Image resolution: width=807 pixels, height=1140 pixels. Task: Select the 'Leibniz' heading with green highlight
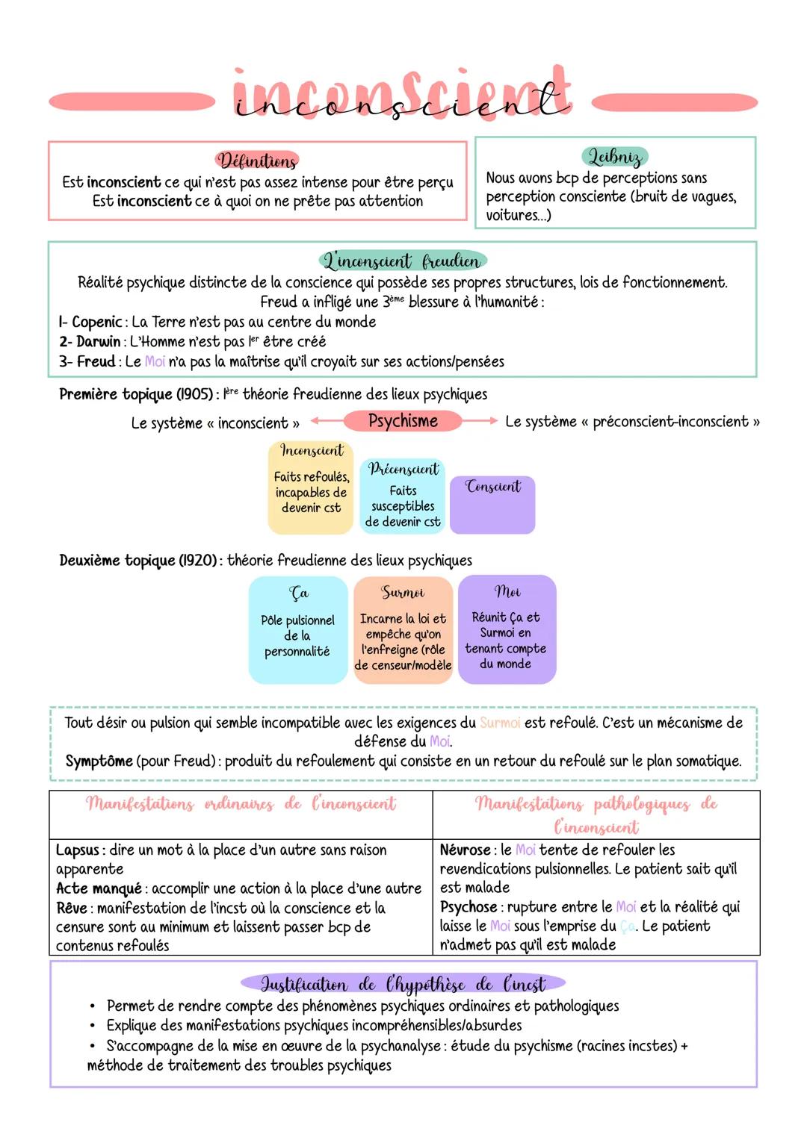[614, 157]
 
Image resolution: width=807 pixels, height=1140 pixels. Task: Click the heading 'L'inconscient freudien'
[402, 261]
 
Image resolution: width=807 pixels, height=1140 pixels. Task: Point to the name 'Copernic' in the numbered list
[96, 323]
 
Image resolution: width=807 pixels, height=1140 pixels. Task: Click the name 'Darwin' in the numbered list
[98, 342]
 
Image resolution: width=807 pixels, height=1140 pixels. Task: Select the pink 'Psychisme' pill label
[403, 421]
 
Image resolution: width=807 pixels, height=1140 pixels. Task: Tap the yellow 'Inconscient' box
[311, 488]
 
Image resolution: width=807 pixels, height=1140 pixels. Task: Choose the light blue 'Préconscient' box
[403, 496]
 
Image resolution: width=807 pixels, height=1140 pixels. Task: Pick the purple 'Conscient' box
[492, 505]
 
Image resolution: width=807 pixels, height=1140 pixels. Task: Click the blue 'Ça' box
[298, 629]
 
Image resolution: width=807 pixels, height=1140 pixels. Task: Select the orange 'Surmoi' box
[403, 629]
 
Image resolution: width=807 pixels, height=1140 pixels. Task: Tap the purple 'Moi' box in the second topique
[507, 629]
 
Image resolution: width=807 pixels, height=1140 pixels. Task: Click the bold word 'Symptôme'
[99, 761]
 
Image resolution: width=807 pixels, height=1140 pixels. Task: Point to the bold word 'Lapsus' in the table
[77, 850]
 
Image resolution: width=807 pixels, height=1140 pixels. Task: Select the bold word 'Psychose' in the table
[469, 907]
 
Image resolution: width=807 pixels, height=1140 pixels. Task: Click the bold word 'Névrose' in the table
[466, 850]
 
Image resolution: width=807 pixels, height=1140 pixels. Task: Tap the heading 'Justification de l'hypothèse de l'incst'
[403, 984]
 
